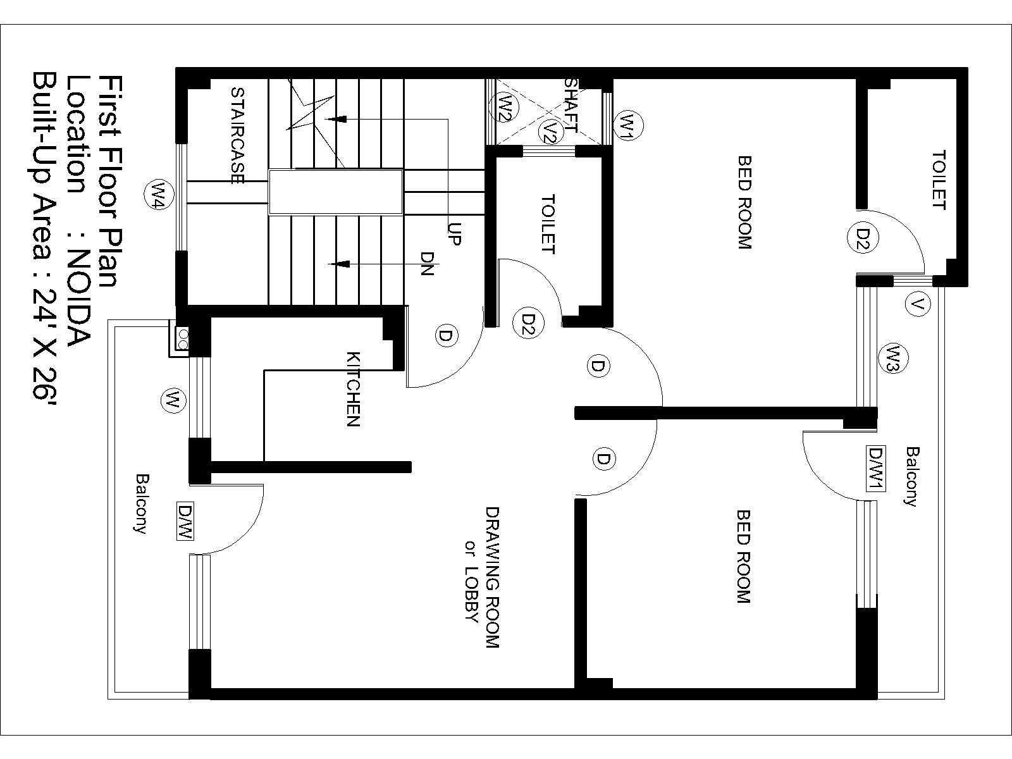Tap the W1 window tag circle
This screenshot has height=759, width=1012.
(x=628, y=125)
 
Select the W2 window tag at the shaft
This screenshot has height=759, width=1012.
(x=505, y=107)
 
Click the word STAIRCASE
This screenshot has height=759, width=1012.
(x=238, y=135)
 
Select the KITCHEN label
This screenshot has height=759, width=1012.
(x=353, y=390)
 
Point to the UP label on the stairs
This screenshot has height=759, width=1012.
(x=454, y=234)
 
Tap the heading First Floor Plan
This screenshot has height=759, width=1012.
(x=109, y=181)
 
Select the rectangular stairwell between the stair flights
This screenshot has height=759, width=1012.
(x=336, y=192)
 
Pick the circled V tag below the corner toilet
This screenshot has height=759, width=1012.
(x=918, y=304)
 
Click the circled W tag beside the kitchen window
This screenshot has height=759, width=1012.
(x=173, y=400)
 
